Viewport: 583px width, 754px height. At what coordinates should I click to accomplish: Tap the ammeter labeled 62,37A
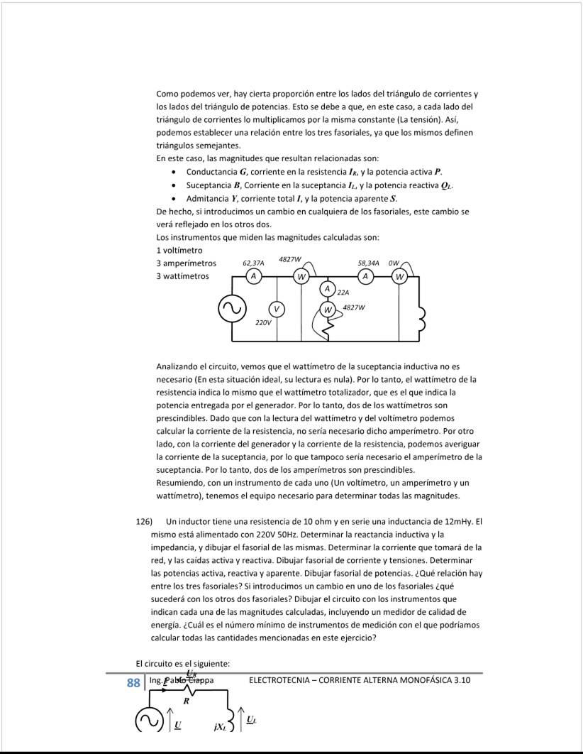point(252,275)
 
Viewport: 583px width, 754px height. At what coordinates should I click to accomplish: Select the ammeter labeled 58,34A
point(366,275)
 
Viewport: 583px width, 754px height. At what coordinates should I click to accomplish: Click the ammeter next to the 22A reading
point(328,288)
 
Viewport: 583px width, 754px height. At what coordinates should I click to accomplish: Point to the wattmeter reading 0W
point(400,275)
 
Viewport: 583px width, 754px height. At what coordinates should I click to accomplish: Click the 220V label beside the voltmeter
point(263,322)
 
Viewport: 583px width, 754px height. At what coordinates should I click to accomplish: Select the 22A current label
point(344,292)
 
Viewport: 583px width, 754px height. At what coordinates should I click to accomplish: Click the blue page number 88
point(133,683)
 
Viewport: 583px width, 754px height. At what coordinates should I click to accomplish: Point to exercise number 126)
point(144,522)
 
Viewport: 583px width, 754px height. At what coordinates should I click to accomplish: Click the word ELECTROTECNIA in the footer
point(282,681)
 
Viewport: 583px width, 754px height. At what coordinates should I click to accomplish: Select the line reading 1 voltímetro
point(179,250)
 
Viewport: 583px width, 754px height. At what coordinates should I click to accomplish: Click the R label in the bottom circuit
point(187,701)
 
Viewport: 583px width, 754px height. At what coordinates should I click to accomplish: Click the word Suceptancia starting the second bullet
point(211,185)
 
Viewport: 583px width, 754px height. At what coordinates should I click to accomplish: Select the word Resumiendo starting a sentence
point(181,482)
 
